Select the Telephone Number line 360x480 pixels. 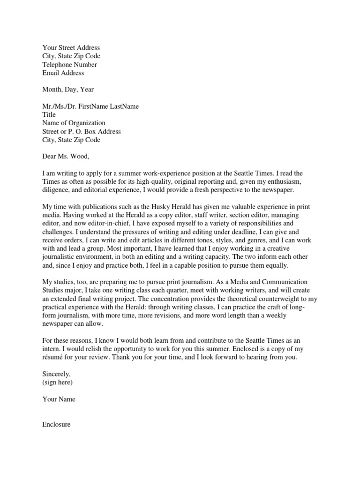coord(69,65)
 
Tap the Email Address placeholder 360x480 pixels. coord(63,73)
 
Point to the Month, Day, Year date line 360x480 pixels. coord(68,90)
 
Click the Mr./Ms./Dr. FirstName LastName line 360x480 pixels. coord(90,106)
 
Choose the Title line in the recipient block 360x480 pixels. coord(49,115)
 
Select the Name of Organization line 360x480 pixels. coord(74,123)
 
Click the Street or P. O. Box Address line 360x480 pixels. coord(82,132)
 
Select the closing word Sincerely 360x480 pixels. coord(57,374)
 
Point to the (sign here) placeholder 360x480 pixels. coord(58,382)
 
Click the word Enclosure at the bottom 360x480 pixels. coord(57,424)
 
